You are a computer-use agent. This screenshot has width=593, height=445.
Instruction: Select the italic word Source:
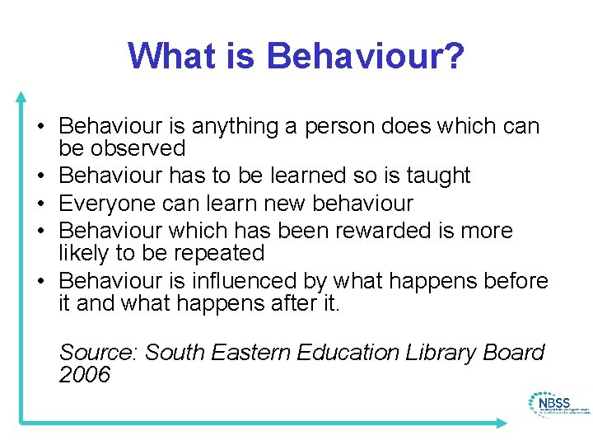pos(99,353)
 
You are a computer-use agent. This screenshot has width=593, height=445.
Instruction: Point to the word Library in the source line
pos(441,353)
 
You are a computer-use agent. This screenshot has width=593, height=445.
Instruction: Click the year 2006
pos(85,376)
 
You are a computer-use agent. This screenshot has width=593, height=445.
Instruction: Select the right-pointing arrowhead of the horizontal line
pos(502,423)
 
